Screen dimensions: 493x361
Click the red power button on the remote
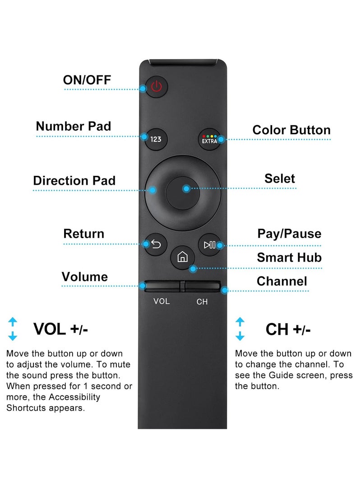click(156, 86)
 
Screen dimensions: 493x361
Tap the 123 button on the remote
click(156, 139)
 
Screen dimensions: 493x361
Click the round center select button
click(183, 190)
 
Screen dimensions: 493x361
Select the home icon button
click(183, 258)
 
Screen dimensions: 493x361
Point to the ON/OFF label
click(87, 80)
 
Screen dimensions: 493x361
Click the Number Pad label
click(73, 126)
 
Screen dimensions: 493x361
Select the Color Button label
click(291, 130)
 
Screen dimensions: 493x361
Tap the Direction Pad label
click(74, 181)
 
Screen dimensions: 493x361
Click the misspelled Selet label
click(279, 178)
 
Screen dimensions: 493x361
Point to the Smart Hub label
click(289, 258)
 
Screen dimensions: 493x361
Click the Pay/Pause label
click(289, 234)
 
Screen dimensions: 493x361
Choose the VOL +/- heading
click(61, 329)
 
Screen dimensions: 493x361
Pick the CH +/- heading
click(288, 329)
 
